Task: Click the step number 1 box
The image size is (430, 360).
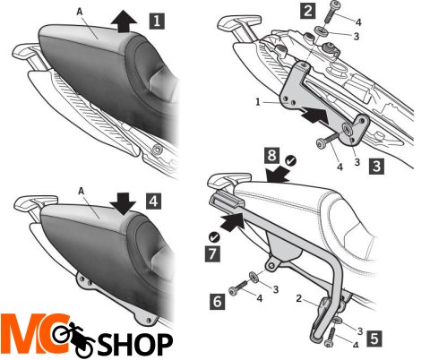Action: (157, 21)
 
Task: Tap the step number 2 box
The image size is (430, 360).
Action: (308, 11)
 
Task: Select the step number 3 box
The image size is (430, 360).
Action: (376, 167)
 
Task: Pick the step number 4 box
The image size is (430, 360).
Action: (153, 201)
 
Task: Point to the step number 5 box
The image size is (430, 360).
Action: (374, 339)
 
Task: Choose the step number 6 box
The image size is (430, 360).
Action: (217, 301)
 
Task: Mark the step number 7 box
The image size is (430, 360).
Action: (212, 254)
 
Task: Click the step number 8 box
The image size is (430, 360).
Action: (271, 155)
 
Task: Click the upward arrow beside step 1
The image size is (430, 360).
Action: (124, 21)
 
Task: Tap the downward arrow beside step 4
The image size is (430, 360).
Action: (123, 204)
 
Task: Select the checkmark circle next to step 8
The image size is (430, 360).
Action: (290, 161)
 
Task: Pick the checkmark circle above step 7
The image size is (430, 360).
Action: (214, 237)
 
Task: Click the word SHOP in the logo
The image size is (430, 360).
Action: (135, 344)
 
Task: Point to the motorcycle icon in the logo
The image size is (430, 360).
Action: (73, 339)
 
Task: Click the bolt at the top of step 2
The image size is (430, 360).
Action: (331, 12)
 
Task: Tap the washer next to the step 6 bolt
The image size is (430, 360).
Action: (254, 276)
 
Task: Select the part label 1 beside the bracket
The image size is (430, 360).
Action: (258, 102)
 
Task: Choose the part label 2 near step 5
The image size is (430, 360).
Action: (299, 298)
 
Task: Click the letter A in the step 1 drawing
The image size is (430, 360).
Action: (80, 12)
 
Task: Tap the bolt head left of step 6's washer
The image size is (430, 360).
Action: (233, 291)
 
